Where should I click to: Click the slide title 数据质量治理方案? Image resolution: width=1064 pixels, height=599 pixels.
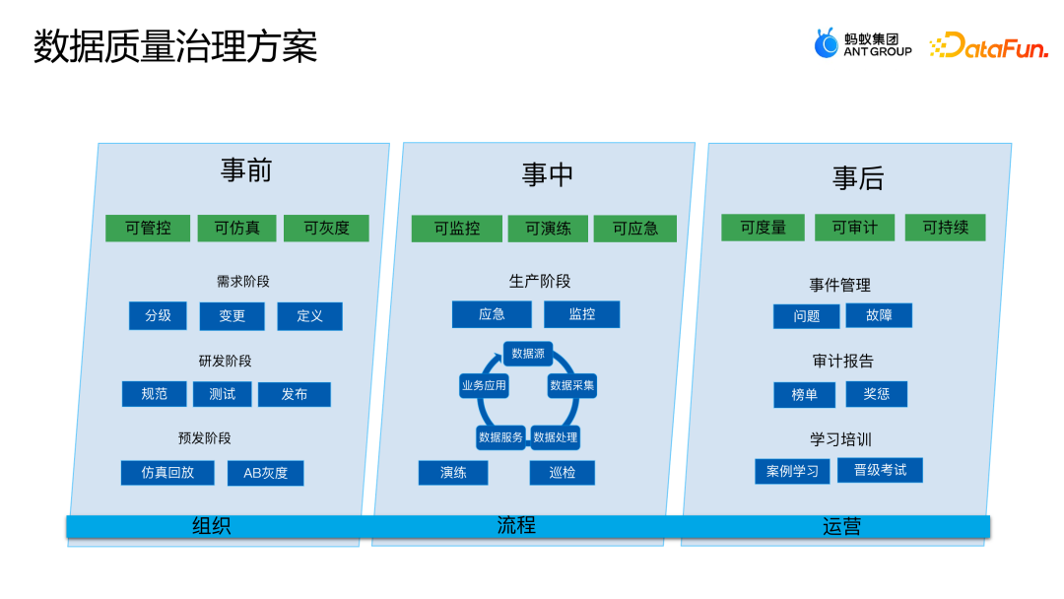[x=175, y=46]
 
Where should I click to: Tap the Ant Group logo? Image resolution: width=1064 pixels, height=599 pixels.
[x=862, y=44]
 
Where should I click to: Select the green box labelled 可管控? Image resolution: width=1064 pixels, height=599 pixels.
[x=148, y=229]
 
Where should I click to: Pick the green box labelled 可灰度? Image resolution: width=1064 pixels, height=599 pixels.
[x=326, y=229]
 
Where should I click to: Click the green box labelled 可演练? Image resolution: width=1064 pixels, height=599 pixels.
[x=548, y=229]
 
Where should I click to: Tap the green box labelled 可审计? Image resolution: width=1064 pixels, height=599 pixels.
[x=854, y=228]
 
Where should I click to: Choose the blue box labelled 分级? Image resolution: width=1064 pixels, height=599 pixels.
[x=158, y=315]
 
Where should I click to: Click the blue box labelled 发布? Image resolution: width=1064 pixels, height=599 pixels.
[x=294, y=394]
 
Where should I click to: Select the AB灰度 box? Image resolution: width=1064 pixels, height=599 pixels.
[x=265, y=473]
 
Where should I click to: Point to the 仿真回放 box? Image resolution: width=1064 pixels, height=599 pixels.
[x=166, y=473]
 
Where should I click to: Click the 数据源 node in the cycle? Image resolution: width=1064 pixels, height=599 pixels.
[x=528, y=354]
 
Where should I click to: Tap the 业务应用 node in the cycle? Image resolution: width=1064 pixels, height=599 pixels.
[x=484, y=385]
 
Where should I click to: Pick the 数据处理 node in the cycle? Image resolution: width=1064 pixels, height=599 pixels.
[x=556, y=436]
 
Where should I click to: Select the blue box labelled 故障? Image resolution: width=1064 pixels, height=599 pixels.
[x=879, y=315]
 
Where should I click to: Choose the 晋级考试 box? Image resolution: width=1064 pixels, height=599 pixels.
[x=880, y=470]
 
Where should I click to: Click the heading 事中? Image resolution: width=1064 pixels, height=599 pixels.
[x=548, y=175]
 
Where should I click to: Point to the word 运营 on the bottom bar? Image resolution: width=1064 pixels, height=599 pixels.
[x=841, y=527]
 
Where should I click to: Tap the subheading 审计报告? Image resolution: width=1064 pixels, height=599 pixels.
[x=842, y=362]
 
